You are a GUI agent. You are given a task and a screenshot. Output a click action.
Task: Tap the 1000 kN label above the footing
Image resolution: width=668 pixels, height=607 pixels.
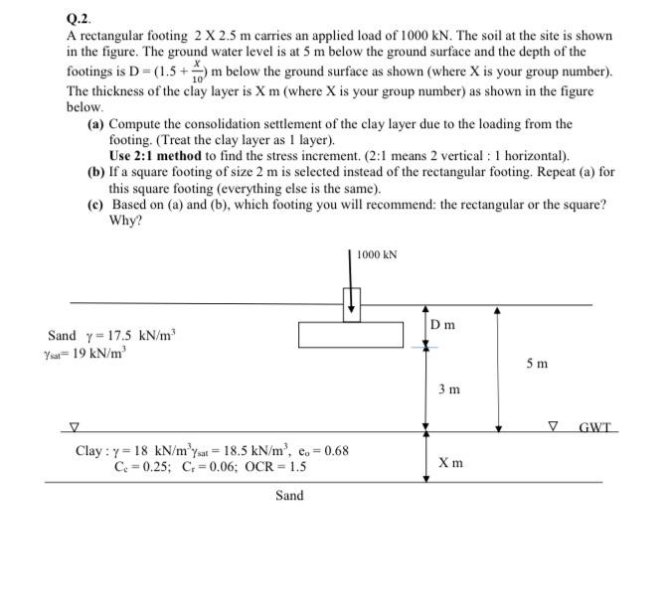click(378, 255)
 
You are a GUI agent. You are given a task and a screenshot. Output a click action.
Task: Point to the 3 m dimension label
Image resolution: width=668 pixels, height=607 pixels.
click(449, 389)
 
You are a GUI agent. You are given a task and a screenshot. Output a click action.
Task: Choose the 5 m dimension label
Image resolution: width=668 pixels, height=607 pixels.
click(536, 365)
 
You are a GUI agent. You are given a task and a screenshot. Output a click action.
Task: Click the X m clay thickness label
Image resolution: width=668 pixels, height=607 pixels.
click(449, 464)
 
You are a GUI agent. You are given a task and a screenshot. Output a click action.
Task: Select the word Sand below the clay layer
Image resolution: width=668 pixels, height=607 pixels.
click(289, 495)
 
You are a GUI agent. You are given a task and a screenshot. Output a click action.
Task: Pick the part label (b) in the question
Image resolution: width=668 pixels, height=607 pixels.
click(96, 172)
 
